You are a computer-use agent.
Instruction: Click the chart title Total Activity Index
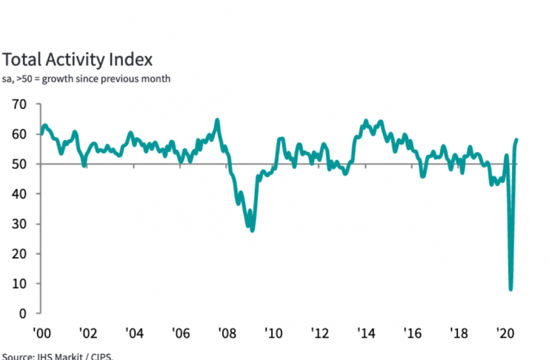(78, 59)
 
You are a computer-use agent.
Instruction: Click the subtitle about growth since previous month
(87, 79)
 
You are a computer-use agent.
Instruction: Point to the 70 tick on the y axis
(18, 104)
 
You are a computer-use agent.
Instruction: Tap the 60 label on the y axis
(18, 134)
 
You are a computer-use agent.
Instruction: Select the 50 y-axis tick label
(18, 164)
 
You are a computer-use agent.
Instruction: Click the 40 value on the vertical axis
(18, 194)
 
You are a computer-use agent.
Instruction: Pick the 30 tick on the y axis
(18, 224)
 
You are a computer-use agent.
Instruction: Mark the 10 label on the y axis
(18, 284)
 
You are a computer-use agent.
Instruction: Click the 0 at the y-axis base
(21, 313)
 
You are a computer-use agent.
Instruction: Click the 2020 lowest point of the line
(510, 289)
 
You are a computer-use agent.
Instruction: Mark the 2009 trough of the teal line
(253, 230)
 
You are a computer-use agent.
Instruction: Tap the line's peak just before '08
(217, 120)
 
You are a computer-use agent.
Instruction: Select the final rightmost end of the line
(516, 139)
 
